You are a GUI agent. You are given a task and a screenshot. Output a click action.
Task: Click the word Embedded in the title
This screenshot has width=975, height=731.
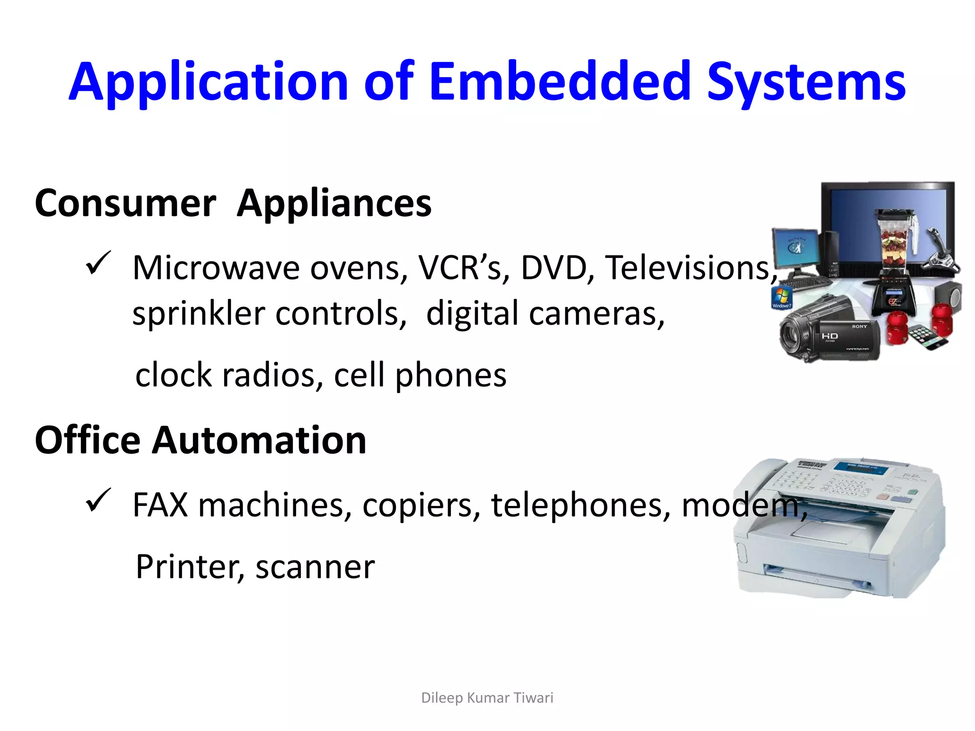tap(560, 82)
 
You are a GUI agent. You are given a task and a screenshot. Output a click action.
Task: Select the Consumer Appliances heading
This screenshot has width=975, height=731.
tap(233, 204)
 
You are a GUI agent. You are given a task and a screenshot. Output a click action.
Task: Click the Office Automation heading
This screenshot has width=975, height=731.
tap(200, 441)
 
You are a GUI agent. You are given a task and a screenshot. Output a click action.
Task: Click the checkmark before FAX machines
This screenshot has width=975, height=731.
tap(98, 501)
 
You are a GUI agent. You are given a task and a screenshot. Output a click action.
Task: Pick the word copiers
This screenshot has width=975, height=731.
tap(421, 505)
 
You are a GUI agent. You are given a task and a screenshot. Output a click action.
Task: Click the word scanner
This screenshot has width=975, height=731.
tap(315, 567)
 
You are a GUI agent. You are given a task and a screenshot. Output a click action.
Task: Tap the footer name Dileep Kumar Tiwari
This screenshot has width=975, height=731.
tap(487, 698)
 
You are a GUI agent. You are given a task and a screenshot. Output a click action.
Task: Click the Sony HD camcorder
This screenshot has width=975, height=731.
tap(828, 331)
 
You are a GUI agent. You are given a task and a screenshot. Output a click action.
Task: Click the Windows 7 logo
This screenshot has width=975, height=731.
tap(782, 297)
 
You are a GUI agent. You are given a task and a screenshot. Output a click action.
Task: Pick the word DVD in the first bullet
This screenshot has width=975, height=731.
tap(553, 268)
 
